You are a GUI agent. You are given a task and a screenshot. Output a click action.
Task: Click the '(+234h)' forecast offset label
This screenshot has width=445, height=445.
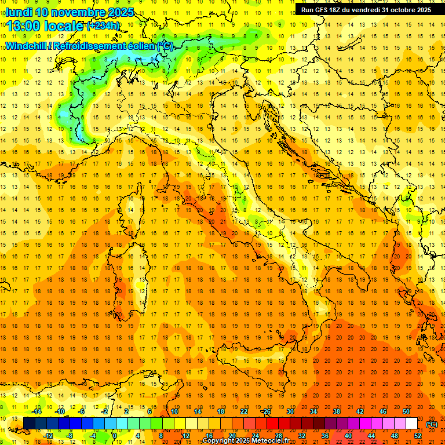point(103,26)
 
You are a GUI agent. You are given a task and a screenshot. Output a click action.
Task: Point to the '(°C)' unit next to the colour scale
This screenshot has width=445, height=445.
point(432,424)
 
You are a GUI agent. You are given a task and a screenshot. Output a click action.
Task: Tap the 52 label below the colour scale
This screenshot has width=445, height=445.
point(418,436)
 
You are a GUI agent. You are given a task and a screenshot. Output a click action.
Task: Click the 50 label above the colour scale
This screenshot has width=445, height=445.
point(406,411)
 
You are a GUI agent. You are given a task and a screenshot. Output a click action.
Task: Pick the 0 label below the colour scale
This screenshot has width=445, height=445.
point(115,436)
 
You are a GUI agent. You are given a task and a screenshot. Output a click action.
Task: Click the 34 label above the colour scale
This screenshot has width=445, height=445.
point(313,411)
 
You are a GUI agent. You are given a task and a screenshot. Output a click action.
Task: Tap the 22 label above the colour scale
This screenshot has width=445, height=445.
point(243,411)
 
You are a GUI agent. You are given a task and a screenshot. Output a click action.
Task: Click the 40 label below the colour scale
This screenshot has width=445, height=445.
point(348,436)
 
